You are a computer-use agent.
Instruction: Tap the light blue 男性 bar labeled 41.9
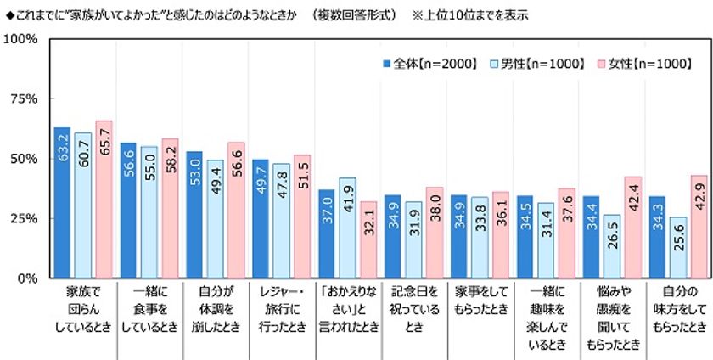coord(346,228)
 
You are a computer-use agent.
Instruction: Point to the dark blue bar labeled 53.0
coord(194,214)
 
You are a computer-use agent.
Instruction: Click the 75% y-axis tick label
coord(22,99)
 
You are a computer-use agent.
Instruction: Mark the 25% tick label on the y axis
coord(22,218)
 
